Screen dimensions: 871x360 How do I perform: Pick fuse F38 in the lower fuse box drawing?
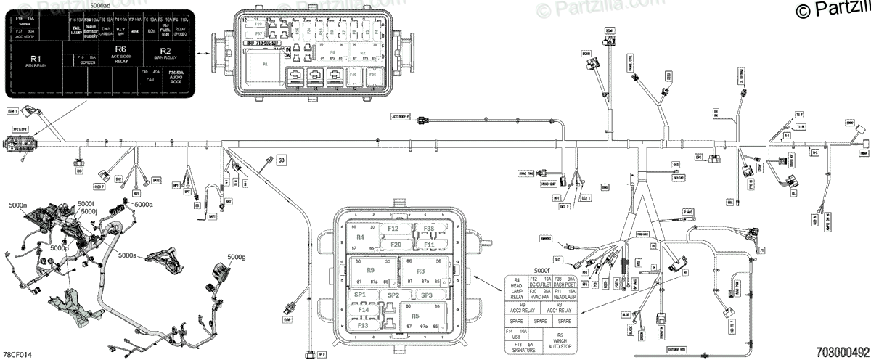click(429, 229)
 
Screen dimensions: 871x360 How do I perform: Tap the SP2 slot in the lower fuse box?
click(393, 295)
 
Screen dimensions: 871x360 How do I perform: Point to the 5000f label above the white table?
click(542, 271)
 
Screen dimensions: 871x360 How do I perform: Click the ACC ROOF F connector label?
click(401, 116)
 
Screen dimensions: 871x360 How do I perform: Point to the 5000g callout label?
click(237, 257)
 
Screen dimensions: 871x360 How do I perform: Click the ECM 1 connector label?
click(12, 112)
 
